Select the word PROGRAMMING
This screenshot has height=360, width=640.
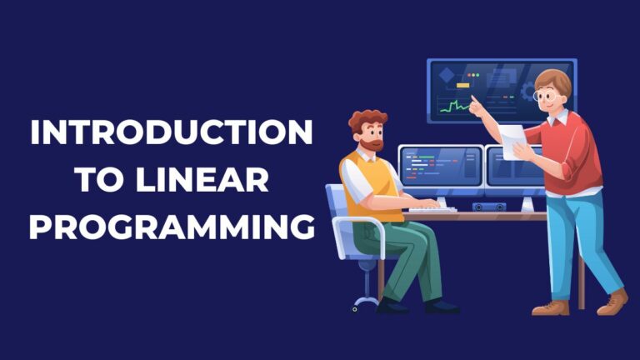(171, 226)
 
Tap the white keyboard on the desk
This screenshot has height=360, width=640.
(432, 209)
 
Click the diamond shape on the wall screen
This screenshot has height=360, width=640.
(447, 76)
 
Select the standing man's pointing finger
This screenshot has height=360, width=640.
(472, 100)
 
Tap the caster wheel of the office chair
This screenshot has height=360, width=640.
(356, 307)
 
